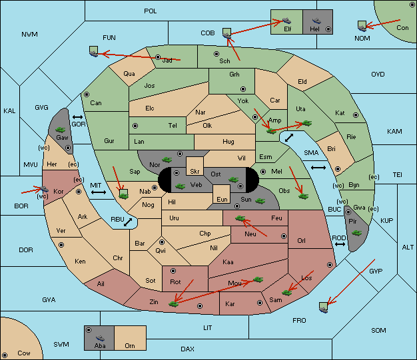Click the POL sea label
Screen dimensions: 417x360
[x=151, y=11]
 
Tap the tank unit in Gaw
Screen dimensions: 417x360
[x=60, y=130]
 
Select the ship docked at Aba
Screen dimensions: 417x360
[x=100, y=338]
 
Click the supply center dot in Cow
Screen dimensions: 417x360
[x=5, y=355]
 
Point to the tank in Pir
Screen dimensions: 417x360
[x=356, y=233]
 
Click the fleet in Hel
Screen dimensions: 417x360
[x=316, y=21]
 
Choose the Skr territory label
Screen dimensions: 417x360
[x=195, y=172]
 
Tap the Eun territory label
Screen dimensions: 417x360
[x=222, y=199]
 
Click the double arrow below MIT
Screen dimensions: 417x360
[x=99, y=192]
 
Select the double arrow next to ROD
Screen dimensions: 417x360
[x=340, y=244]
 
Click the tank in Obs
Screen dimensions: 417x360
[x=304, y=196]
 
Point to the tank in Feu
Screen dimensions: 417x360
[x=240, y=218]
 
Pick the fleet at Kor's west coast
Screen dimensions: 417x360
[x=44, y=189]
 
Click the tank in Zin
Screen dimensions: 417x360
[x=174, y=303]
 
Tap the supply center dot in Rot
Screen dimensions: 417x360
[x=173, y=271]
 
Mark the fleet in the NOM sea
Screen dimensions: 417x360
[x=362, y=26]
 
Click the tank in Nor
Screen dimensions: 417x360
[x=167, y=160]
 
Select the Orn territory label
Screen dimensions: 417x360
[x=130, y=345]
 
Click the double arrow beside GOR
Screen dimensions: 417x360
[x=77, y=117]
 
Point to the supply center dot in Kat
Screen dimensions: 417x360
[x=356, y=115]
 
